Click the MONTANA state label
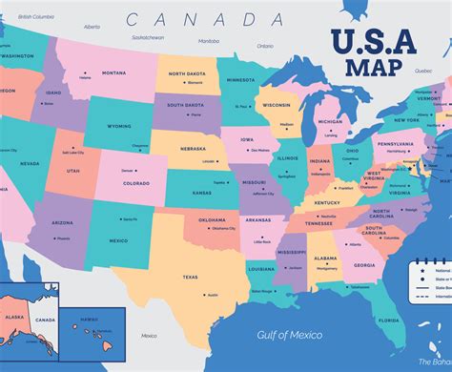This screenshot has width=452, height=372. point(113,72)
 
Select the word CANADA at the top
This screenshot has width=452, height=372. point(205,19)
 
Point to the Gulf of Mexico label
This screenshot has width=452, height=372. point(290,334)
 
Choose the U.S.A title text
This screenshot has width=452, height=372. point(375,44)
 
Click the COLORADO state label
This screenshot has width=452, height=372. point(136,183)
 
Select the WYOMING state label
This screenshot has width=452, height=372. point(120,126)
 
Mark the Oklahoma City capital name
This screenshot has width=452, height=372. point(223,228)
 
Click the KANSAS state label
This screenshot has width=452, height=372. point(202,193)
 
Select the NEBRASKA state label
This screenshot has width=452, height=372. point(194,149)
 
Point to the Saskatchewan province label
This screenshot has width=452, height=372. point(148,37)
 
